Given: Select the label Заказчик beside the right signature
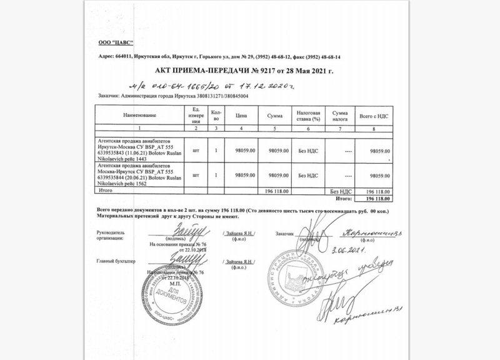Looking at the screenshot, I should click(x=283, y=234).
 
